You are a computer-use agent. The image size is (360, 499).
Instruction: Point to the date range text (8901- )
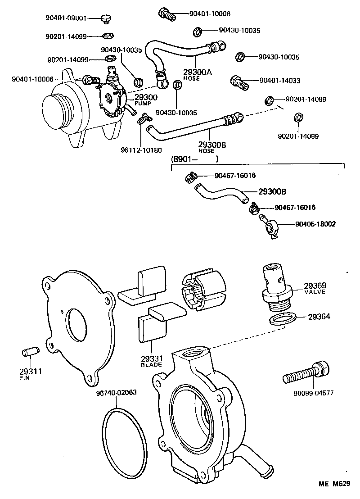194,159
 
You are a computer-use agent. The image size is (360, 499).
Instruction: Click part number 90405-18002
315,224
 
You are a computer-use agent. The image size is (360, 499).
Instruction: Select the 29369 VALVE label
315,288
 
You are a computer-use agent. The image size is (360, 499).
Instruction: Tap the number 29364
319,317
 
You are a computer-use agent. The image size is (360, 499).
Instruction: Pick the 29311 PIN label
30,373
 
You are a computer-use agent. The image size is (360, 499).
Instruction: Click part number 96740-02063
116,392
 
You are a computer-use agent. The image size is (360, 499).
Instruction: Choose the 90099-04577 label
313,393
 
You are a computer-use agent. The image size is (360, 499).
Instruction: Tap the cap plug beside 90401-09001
106,18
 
